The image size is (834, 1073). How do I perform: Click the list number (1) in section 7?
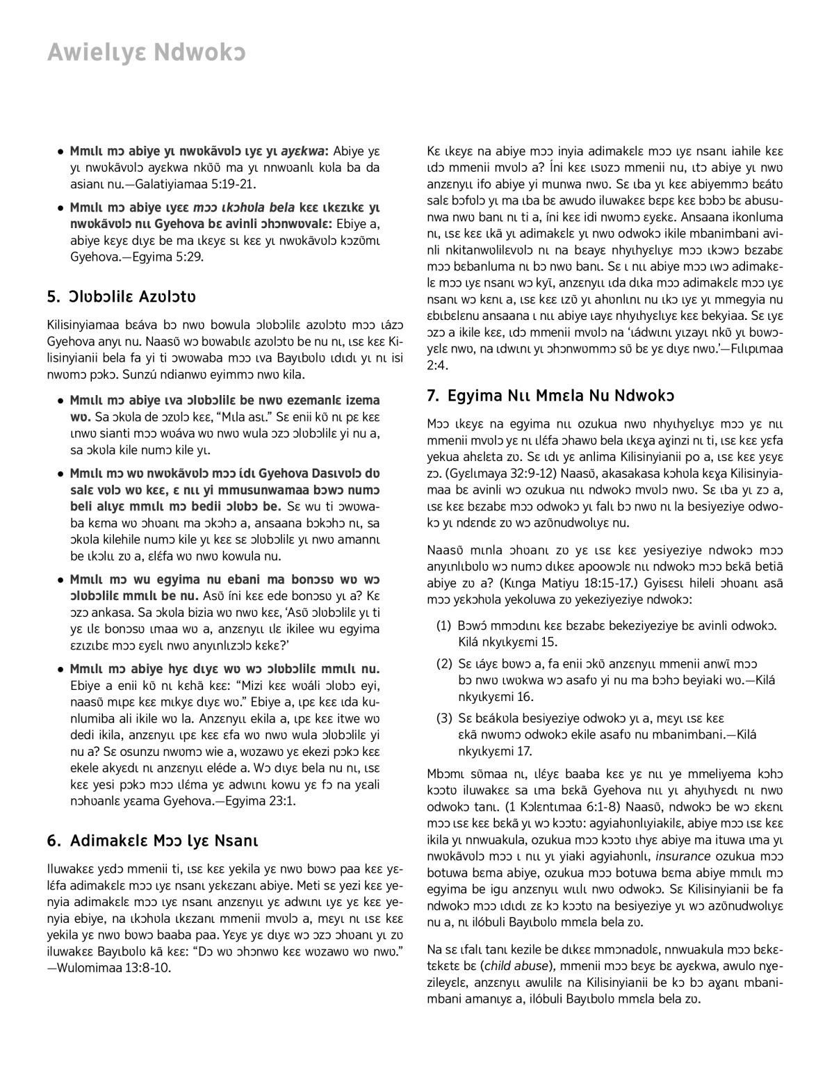443,626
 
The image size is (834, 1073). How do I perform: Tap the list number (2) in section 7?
443,664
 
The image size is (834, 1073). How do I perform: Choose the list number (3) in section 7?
443,718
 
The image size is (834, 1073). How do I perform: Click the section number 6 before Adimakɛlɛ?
52,840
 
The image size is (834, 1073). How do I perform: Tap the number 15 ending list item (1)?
550,642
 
